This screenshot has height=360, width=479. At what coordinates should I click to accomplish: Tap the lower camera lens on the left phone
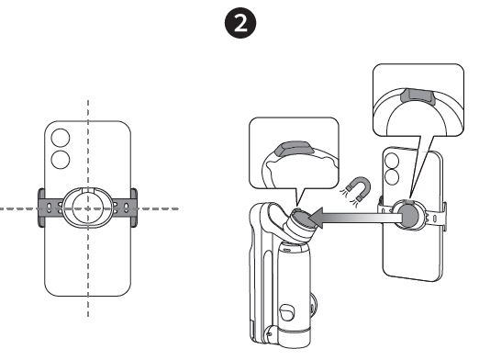pos(61,162)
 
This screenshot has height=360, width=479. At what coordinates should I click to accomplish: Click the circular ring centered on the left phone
pos(87,207)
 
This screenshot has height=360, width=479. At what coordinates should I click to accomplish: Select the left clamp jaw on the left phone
pos(42,208)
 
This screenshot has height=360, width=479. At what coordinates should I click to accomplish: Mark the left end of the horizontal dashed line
pos(3,208)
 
